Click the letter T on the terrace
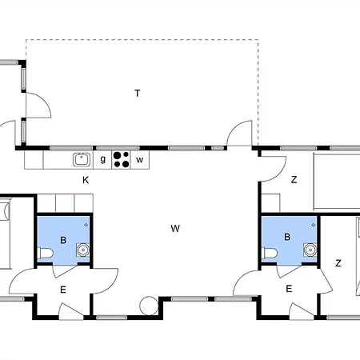tap(138, 94)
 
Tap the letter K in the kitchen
tap(86, 180)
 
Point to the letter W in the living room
tap(175, 228)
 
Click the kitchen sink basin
tap(82, 160)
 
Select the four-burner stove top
tap(121, 160)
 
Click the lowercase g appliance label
tap(103, 159)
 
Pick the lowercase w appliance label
tap(140, 160)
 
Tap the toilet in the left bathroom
tap(46, 254)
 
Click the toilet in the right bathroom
tap(270, 253)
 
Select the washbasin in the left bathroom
tap(83, 250)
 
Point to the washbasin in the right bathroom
tap(310, 250)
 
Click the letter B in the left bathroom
tap(63, 240)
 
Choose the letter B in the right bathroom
tap(287, 237)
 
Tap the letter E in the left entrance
tap(63, 290)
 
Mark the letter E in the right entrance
tap(289, 289)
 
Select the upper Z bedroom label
tap(294, 179)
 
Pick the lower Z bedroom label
tap(338, 263)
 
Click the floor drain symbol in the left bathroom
tap(86, 225)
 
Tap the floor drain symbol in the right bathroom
tap(314, 225)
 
